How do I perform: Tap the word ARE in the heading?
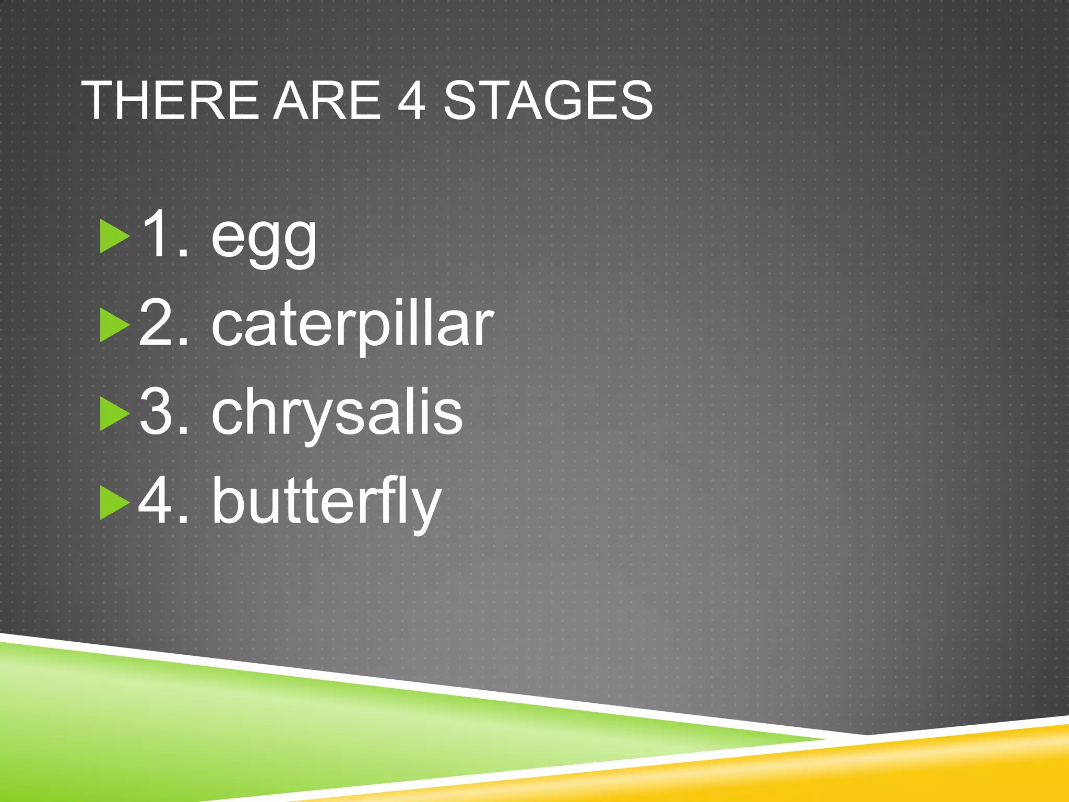[327, 100]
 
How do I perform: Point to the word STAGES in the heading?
[548, 100]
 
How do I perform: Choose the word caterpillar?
[352, 326]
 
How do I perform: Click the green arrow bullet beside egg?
[114, 237]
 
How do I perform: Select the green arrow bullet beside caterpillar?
[114, 325]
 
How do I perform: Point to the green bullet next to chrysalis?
[114, 414]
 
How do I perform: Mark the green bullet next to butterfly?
[114, 502]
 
